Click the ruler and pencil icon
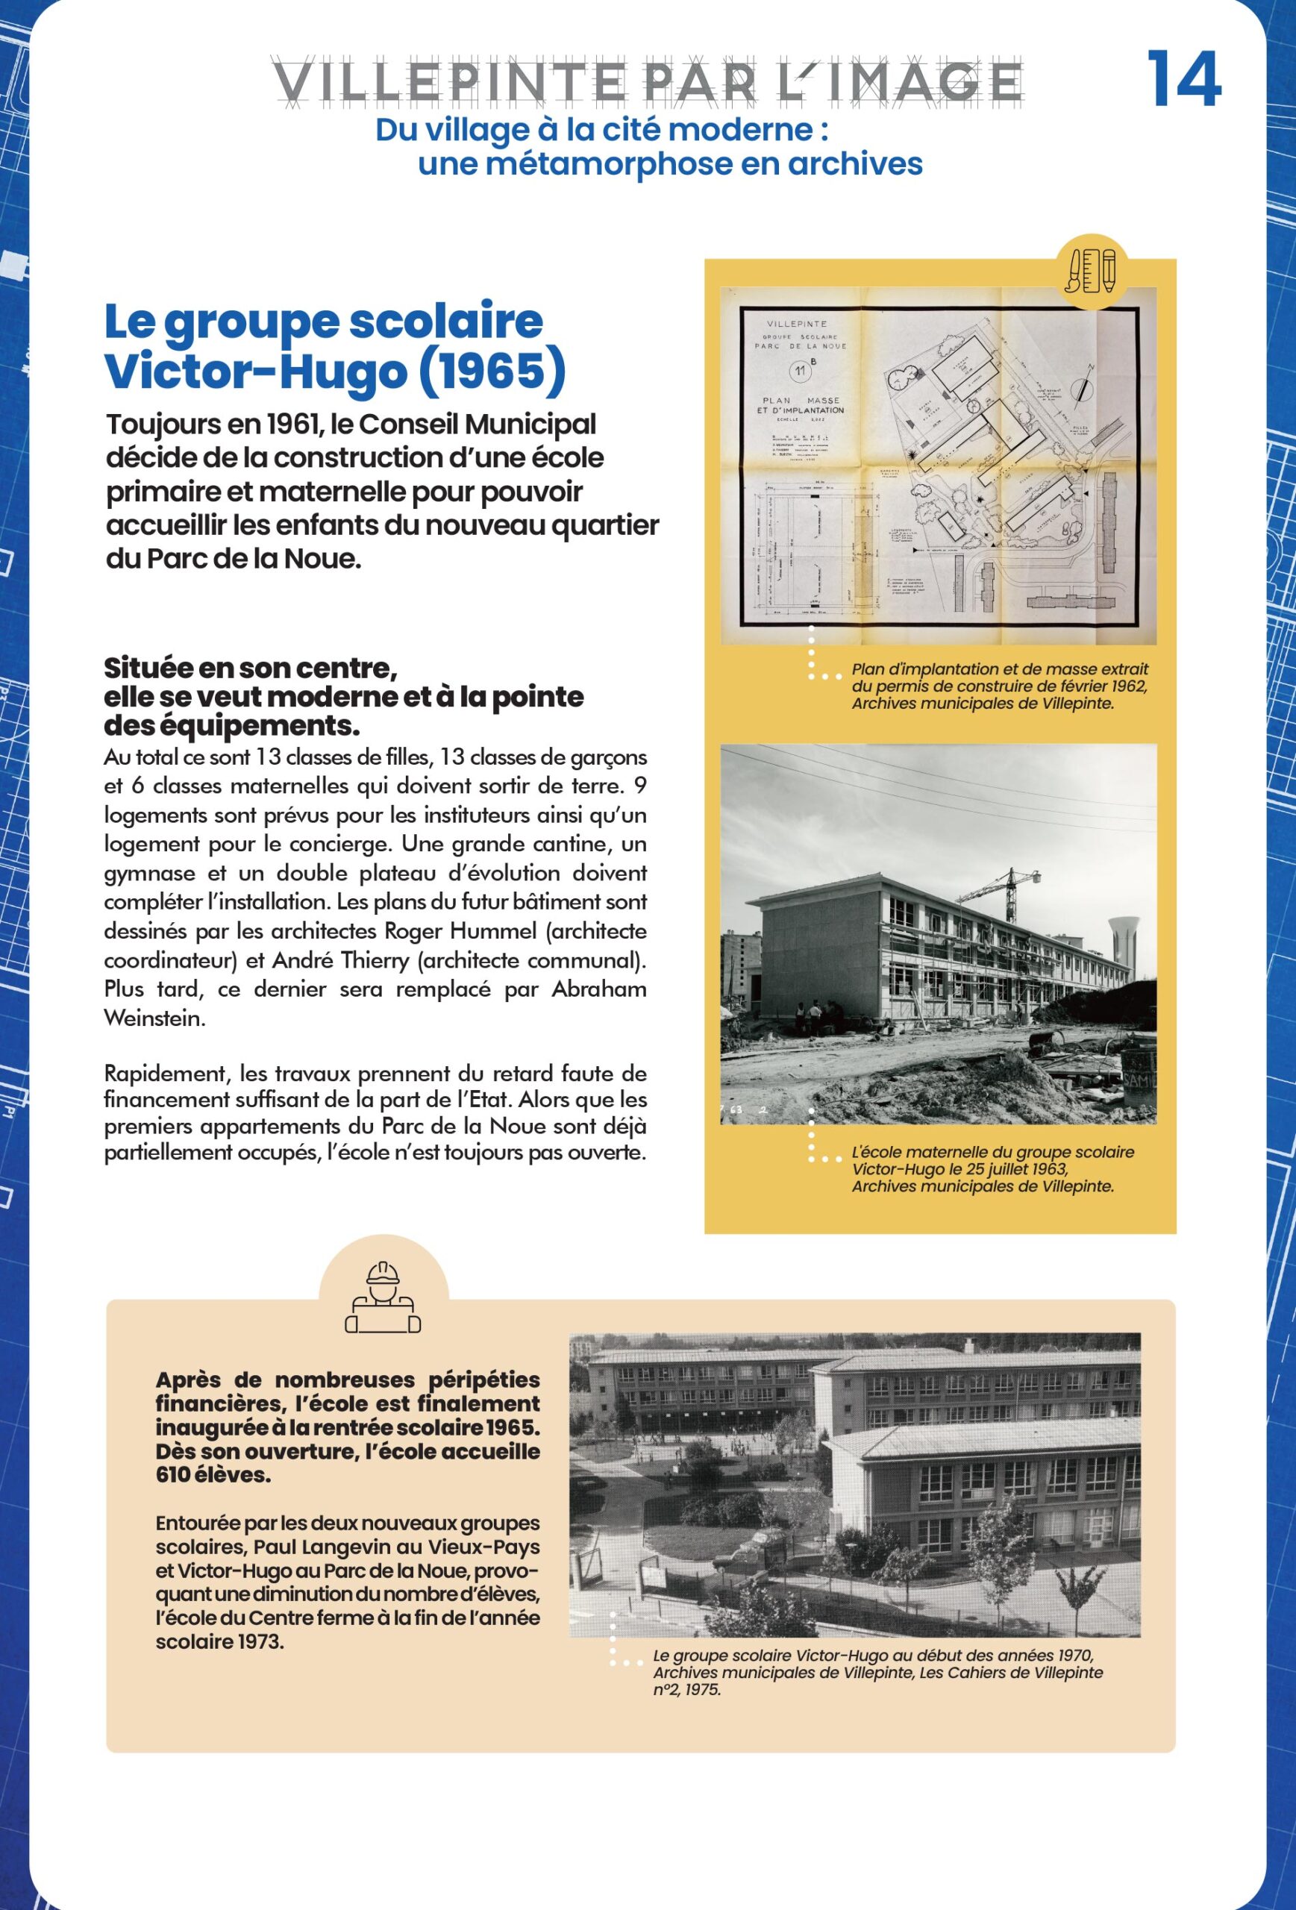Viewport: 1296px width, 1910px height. point(1091,270)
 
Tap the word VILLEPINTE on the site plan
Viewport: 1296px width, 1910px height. point(796,324)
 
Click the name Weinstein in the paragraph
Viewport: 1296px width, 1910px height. point(152,1018)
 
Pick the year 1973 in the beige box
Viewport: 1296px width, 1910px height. point(260,1642)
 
